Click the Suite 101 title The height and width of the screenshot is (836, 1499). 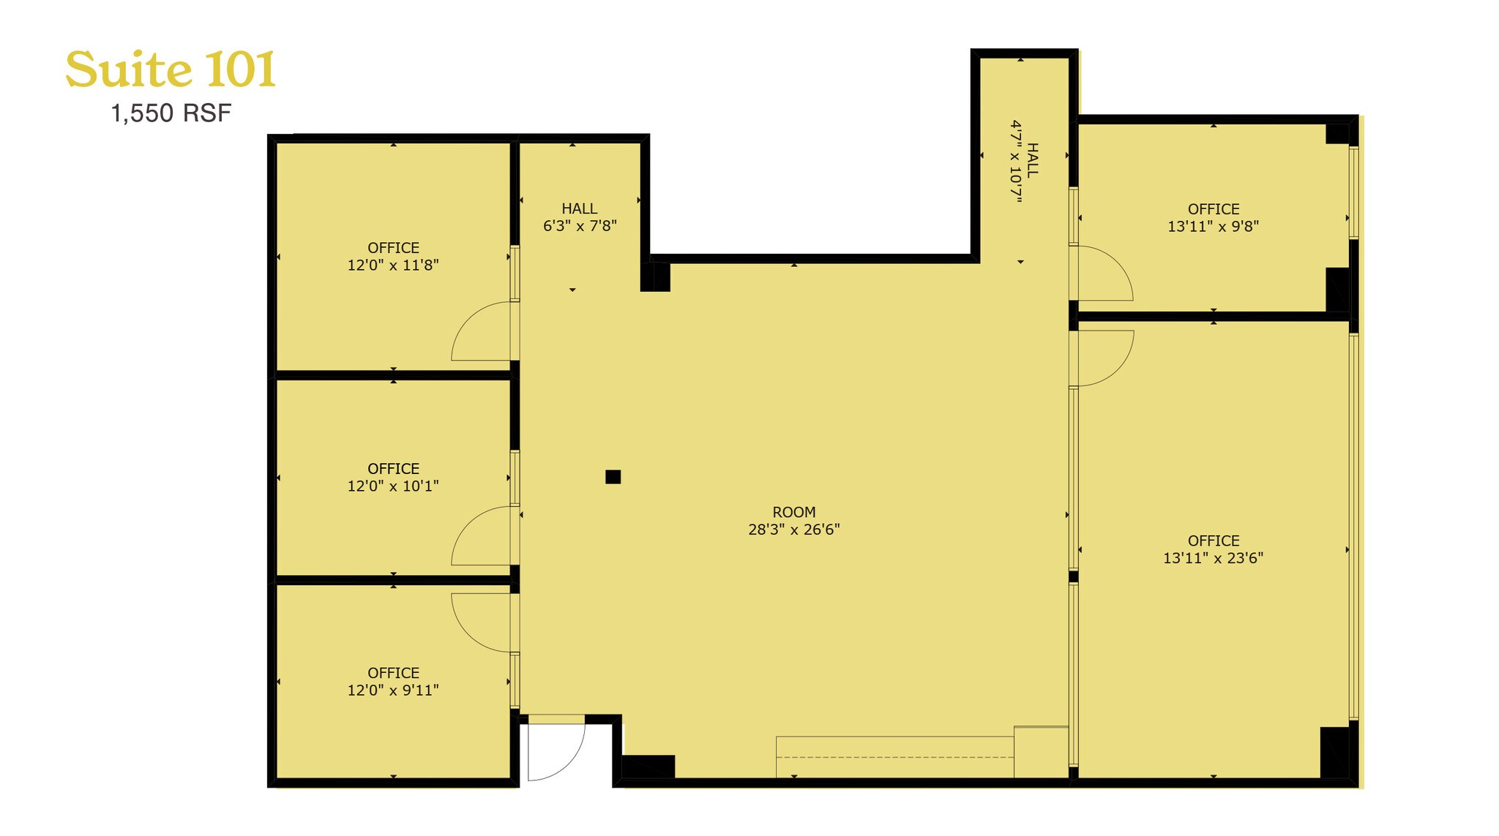pyautogui.click(x=171, y=70)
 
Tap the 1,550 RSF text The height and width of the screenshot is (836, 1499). pyautogui.click(x=171, y=113)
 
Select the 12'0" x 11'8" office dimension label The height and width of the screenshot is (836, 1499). pyautogui.click(x=393, y=265)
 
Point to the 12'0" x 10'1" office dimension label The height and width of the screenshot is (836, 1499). pyautogui.click(x=393, y=486)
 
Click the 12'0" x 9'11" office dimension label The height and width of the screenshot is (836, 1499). pyautogui.click(x=393, y=690)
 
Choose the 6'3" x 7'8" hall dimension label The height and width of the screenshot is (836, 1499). pyautogui.click(x=580, y=226)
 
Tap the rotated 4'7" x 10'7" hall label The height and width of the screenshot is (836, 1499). pyautogui.click(x=1016, y=161)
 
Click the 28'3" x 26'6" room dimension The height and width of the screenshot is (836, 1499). pyautogui.click(x=793, y=530)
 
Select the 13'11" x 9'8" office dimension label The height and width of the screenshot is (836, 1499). pyautogui.click(x=1213, y=226)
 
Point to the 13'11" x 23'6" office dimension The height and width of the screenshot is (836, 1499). pyautogui.click(x=1213, y=558)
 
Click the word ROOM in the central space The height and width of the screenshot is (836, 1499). pyautogui.click(x=793, y=512)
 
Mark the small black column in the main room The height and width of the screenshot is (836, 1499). pyautogui.click(x=613, y=477)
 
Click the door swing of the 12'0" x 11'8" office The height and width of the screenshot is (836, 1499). pyautogui.click(x=479, y=333)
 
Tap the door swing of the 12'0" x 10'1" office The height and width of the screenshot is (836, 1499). pyautogui.click(x=479, y=538)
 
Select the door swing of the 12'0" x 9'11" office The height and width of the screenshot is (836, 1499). pyautogui.click(x=479, y=622)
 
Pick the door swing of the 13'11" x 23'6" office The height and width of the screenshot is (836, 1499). pyautogui.click(x=1103, y=357)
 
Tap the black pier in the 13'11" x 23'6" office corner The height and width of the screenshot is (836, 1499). pyautogui.click(x=1334, y=752)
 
